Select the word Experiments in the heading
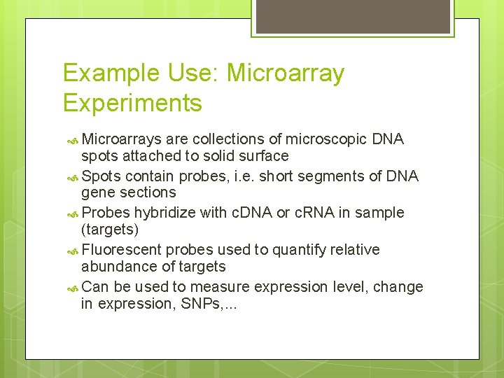tap(132, 104)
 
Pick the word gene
tap(97, 192)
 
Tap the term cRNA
tap(314, 213)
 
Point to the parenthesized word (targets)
tap(111, 230)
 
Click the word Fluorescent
tap(122, 250)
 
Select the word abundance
tap(115, 267)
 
